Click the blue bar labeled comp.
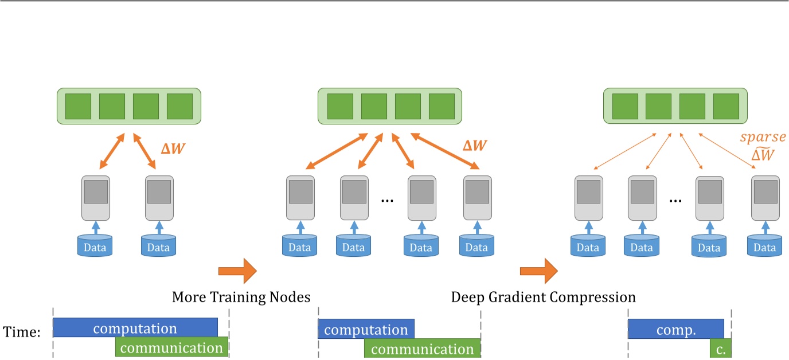coord(675,329)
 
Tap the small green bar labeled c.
coord(720,348)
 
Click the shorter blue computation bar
coord(366,329)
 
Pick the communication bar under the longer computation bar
coord(172,347)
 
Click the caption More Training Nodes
coord(241,298)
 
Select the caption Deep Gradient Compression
coord(543,298)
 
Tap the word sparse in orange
coord(762,137)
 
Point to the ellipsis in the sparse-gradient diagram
coord(675,200)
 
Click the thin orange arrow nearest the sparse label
coord(726,152)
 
